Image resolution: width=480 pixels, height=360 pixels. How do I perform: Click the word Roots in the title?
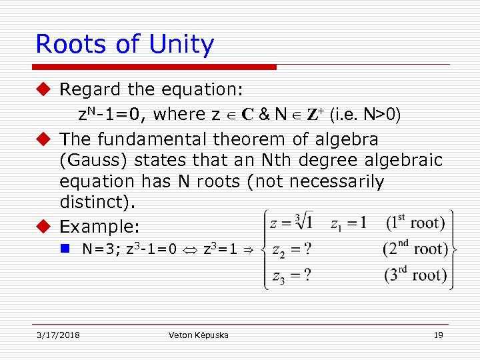click(72, 44)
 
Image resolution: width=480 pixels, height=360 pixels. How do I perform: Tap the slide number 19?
click(438, 335)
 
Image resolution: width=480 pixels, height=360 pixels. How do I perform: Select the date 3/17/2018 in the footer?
click(58, 335)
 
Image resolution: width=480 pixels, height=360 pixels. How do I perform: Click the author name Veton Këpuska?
click(199, 335)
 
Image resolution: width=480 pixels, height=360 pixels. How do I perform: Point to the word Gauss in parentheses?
click(93, 161)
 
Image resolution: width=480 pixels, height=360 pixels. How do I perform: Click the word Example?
click(97, 227)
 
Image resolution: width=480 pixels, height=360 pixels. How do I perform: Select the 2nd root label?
click(416, 249)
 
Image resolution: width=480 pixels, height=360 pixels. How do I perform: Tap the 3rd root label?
click(416, 274)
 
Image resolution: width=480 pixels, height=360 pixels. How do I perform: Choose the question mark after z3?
click(307, 274)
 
